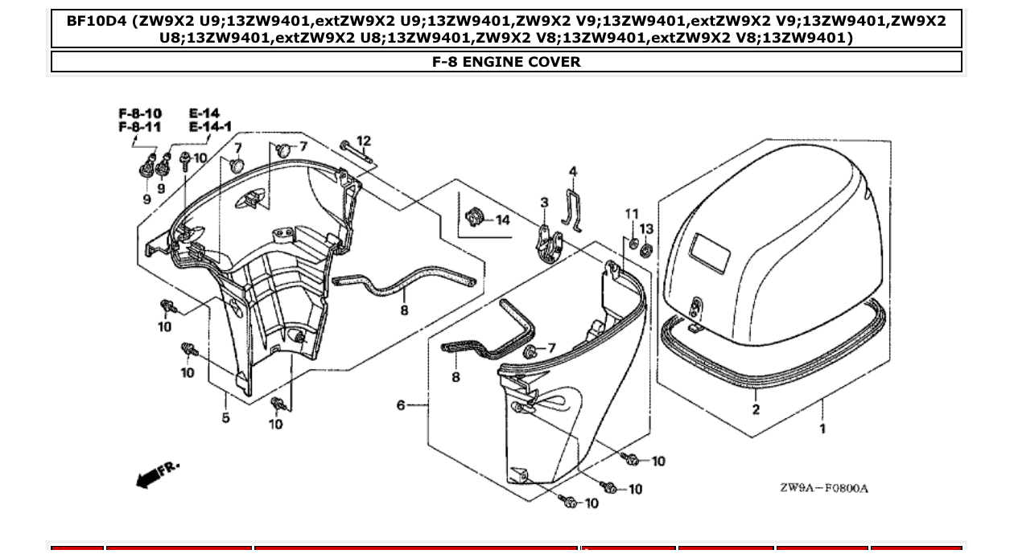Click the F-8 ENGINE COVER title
506,62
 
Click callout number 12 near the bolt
364,142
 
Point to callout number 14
502,220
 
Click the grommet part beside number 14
476,217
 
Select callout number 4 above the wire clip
573,171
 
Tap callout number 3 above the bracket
544,202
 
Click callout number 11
632,214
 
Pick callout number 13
646,229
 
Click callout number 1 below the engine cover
822,429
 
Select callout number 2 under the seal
756,409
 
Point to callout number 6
401,405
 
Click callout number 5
226,417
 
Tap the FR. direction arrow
156,475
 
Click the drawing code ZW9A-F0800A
823,489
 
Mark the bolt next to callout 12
355,153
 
